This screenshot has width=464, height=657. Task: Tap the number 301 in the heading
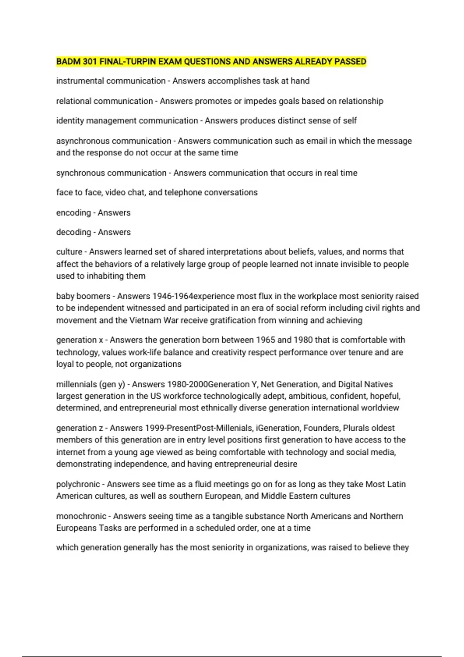click(89, 61)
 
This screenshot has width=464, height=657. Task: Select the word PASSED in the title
click(350, 61)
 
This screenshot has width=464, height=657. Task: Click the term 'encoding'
click(73, 213)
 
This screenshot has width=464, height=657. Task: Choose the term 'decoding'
click(73, 232)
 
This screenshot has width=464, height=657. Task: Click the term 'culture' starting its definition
click(69, 252)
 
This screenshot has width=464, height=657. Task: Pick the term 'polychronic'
click(78, 484)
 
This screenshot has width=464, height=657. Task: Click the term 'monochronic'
click(81, 516)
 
